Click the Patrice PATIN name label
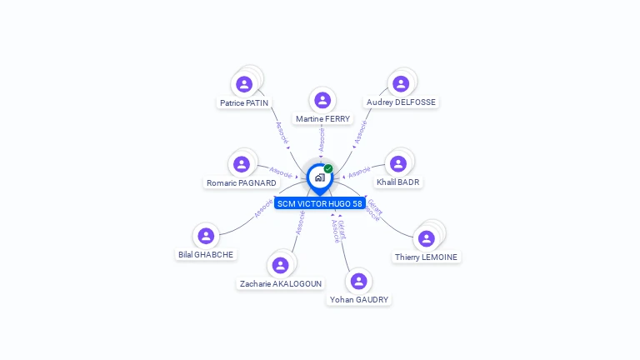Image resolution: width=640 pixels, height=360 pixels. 244,102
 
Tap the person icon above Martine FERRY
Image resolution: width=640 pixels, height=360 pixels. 322,101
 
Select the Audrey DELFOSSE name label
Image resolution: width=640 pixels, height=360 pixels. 401,102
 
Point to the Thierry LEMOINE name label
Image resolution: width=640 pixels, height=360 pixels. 426,257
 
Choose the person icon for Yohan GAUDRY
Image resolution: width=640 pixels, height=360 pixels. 358,282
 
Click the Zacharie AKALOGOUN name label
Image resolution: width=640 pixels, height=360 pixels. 281,283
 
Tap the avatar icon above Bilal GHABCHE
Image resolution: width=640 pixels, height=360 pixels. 206,237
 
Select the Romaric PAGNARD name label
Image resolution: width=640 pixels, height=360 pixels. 242,182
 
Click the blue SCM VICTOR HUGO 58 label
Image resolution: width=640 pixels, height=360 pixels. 320,203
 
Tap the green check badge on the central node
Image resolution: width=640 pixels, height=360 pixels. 328,169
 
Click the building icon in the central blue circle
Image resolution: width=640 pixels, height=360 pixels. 319,177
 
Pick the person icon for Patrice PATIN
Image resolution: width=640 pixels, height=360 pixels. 244,84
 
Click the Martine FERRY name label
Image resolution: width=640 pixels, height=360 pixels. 322,119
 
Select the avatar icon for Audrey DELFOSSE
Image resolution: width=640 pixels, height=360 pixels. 401,83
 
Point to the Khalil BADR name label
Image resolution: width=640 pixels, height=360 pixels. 398,182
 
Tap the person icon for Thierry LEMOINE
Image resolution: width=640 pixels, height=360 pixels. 426,238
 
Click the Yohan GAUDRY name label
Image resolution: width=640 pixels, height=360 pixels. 359,299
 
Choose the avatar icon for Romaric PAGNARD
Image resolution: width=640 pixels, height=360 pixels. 242,164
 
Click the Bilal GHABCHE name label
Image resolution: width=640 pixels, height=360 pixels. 206,254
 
